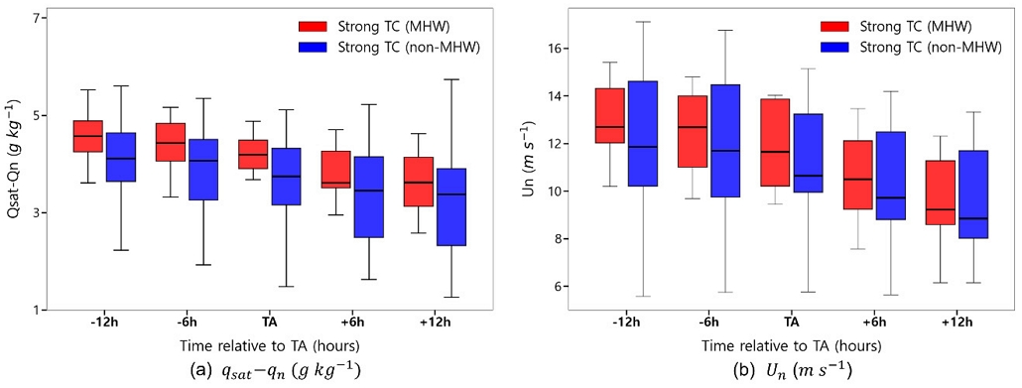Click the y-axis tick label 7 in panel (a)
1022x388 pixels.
37,19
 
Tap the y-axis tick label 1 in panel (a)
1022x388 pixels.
37,311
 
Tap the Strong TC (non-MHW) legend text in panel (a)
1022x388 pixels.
407,46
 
